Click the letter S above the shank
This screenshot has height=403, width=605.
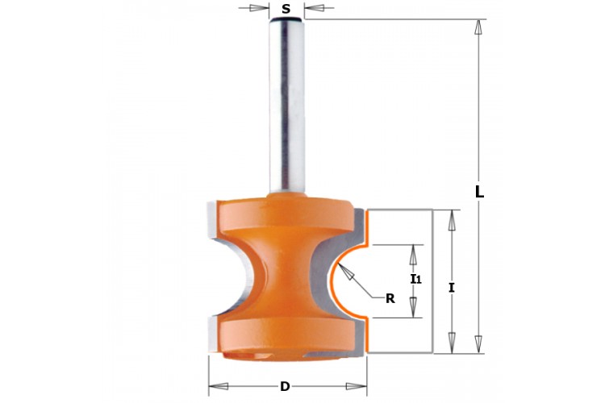pos(286,9)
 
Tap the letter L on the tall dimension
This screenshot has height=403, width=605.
pos(479,192)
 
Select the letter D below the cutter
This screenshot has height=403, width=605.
pos(285,386)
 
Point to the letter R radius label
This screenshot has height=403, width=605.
pos(390,298)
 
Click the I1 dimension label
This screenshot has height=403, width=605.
pos(415,278)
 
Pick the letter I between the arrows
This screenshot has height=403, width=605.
pos(452,287)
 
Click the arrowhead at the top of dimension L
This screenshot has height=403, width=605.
pos(478,27)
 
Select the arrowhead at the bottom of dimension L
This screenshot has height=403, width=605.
pos(478,344)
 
